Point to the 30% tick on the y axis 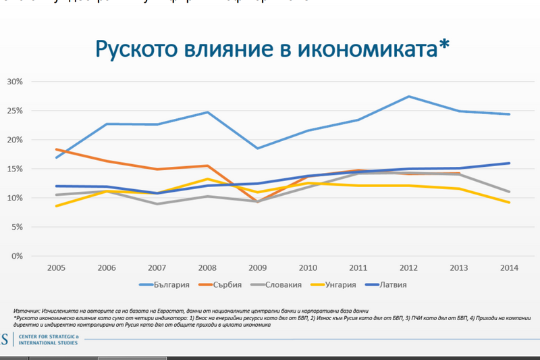click(x=14, y=82)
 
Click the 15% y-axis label click(x=14, y=169)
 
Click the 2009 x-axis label click(x=259, y=267)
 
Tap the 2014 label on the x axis click(x=509, y=267)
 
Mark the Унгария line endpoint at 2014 click(x=509, y=203)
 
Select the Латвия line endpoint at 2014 click(x=509, y=163)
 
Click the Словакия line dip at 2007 click(x=157, y=204)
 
